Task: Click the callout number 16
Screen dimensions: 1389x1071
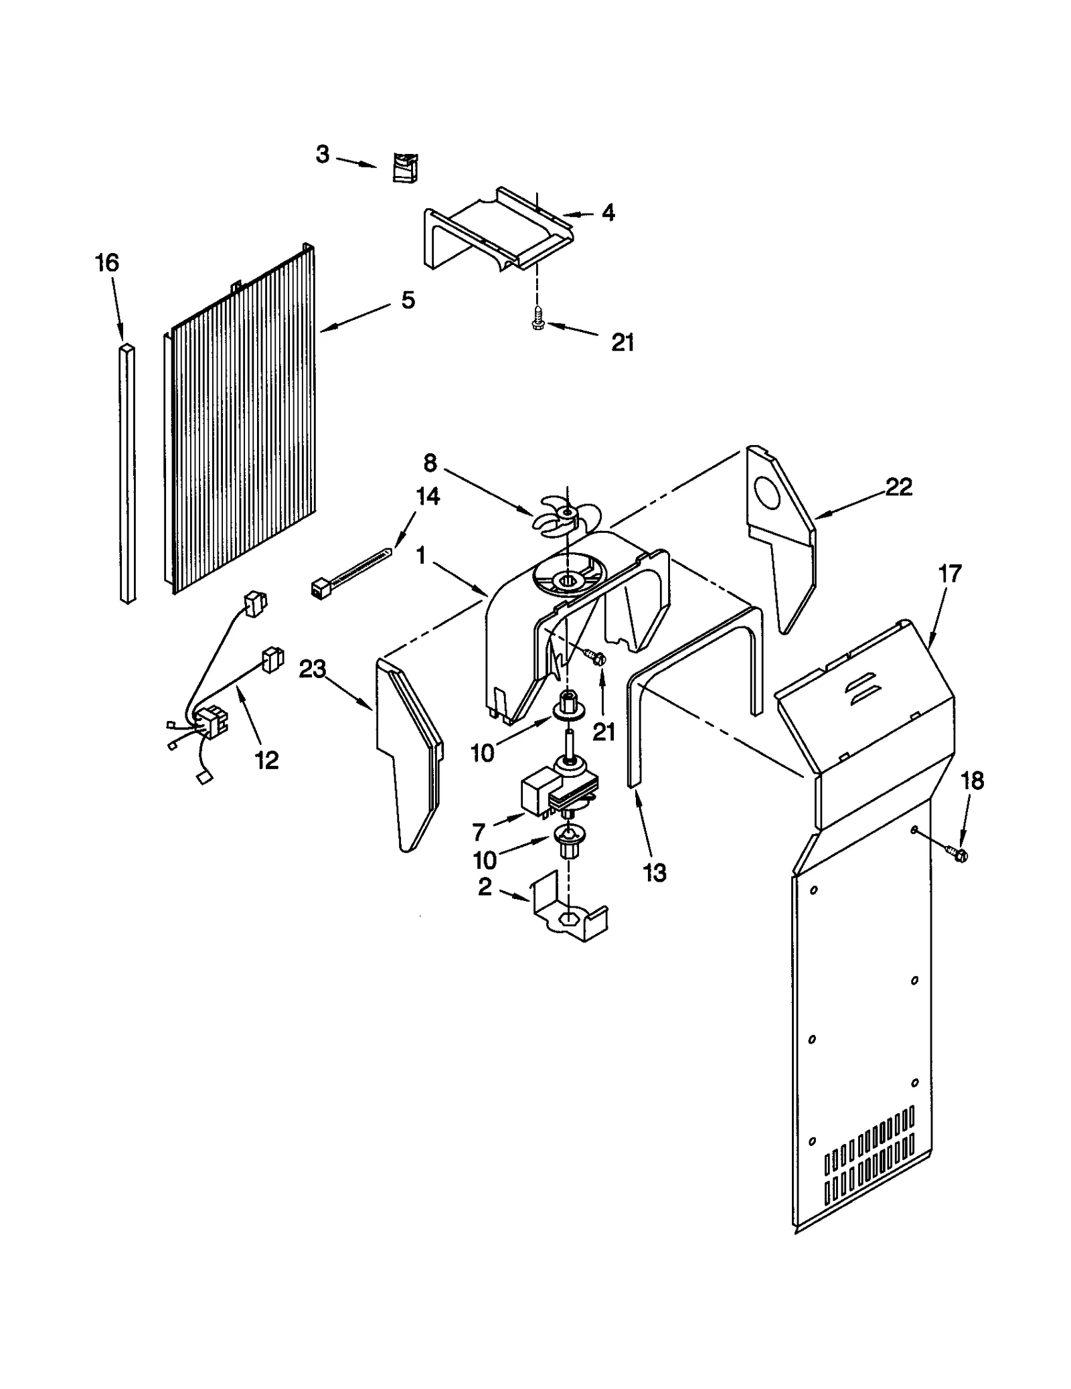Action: [x=107, y=263]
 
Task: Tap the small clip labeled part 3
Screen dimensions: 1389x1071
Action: [x=404, y=167]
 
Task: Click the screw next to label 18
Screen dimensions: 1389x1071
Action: [x=958, y=853]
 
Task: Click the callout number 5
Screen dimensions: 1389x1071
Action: [x=408, y=300]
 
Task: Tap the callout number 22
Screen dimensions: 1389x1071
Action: [x=898, y=487]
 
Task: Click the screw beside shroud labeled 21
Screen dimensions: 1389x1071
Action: [x=594, y=658]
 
